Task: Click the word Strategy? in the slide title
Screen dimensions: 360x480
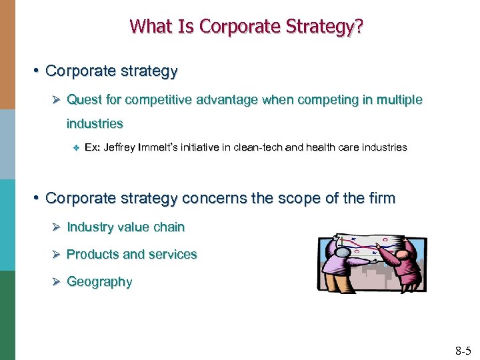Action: pyautogui.click(x=329, y=27)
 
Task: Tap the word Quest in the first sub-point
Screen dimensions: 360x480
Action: pyautogui.click(x=84, y=100)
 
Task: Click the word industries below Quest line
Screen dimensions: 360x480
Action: pyautogui.click(x=95, y=123)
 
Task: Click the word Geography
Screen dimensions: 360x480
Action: pyautogui.click(x=99, y=282)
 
